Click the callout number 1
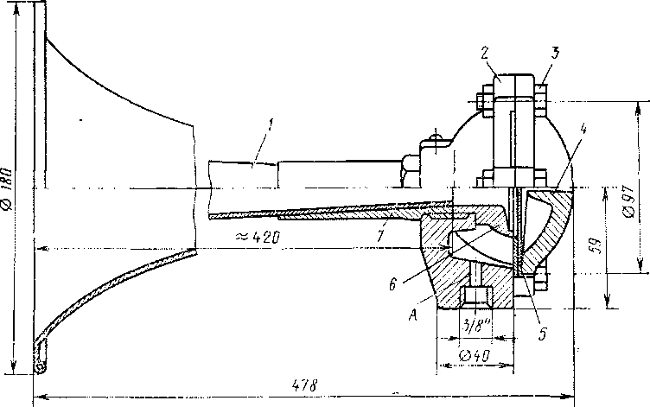271,126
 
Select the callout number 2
487,53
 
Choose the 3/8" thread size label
474,327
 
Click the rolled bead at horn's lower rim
40,368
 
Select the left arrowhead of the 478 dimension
36,398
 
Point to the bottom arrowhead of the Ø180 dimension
15,367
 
